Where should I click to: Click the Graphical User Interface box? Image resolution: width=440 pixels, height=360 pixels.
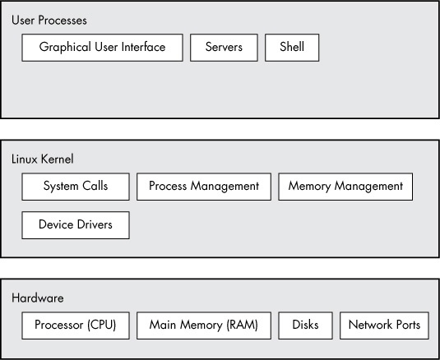point(102,48)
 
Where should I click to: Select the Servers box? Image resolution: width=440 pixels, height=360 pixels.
point(224,48)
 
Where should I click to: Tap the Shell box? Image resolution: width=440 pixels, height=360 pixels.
point(291,48)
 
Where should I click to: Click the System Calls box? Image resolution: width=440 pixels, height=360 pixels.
point(76,187)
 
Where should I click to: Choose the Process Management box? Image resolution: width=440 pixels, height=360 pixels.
point(204,187)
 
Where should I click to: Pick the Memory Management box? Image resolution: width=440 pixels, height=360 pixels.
point(345,187)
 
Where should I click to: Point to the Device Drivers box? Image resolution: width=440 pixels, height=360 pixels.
point(76,224)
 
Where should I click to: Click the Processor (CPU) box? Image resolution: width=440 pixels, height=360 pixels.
point(76,325)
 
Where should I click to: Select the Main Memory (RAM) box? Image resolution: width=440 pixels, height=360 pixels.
point(204,325)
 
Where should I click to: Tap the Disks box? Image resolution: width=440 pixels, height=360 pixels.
point(305,325)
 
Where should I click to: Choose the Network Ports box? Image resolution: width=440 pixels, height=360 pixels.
point(384,325)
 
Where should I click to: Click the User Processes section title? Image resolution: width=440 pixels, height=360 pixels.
point(49,20)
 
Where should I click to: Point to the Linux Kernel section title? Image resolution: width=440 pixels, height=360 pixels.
point(43,159)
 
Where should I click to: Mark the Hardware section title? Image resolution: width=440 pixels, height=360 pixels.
point(38,298)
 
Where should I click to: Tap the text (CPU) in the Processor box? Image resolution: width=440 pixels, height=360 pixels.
point(100,325)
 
